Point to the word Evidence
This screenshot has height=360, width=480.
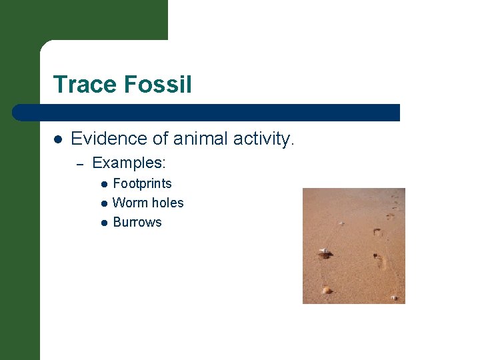coord(103,139)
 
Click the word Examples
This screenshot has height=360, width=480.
coord(129,163)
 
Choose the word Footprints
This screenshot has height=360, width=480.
coord(142,183)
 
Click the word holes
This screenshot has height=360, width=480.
coord(166,203)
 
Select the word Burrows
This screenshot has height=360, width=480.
coord(137,222)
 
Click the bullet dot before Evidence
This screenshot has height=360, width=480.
coord(58,139)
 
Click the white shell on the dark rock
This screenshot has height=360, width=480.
coord(324,251)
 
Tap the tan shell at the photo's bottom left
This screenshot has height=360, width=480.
coord(327,290)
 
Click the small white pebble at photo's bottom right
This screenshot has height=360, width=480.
coord(393,297)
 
